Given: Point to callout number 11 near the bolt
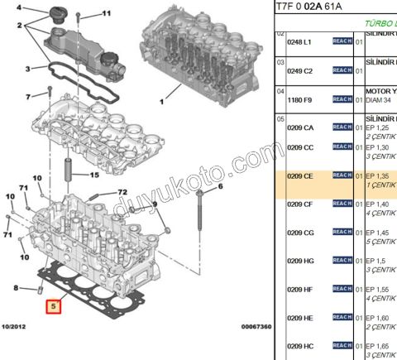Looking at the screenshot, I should coord(105,14).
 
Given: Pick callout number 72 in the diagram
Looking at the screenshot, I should coord(122,192).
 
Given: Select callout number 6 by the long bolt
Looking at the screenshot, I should coord(221,188).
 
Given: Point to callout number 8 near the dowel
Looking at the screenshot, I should coord(17,288).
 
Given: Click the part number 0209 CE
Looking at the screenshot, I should coord(300,176).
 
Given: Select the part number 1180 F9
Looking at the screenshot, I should coord(300,99).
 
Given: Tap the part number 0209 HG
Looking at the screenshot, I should coord(300,261).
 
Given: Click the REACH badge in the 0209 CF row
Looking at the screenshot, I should coord(342,204).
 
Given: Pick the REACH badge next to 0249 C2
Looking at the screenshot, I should coord(342,70).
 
